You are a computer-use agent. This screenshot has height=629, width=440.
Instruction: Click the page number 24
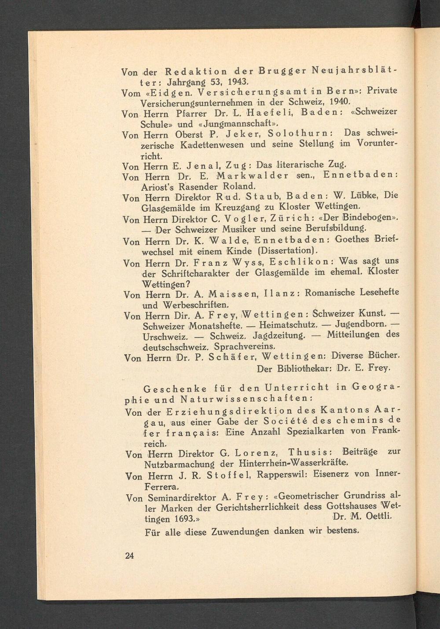[129, 555]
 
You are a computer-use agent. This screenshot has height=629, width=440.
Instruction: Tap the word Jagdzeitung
[279, 336]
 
